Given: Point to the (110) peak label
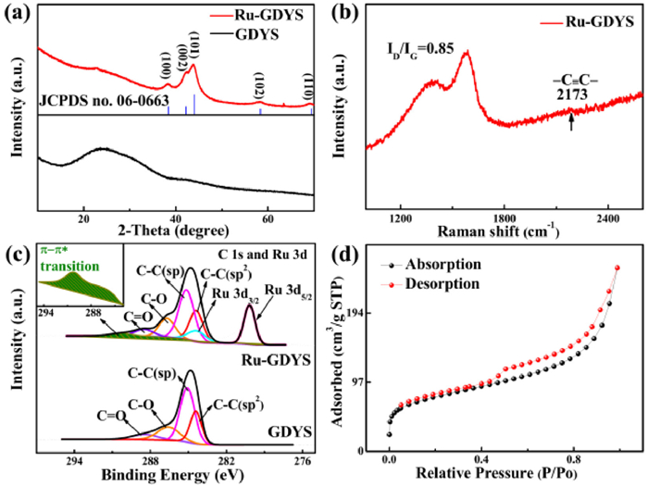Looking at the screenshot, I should [310, 89].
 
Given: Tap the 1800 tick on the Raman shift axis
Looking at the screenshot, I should [504, 218].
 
